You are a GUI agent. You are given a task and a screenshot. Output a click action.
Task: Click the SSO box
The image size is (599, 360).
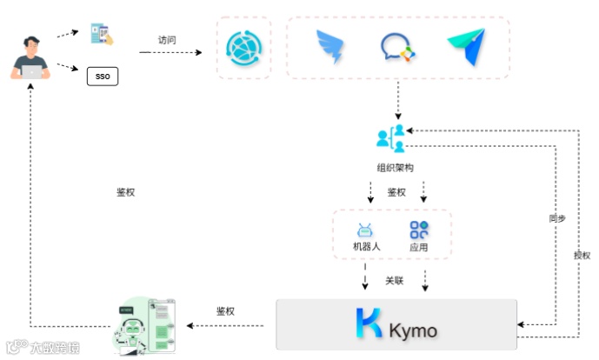pyautogui.click(x=103, y=77)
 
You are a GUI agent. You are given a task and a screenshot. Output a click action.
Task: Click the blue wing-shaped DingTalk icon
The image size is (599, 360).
pyautogui.click(x=329, y=47)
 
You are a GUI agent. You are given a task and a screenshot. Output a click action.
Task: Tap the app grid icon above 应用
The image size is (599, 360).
pyautogui.click(x=420, y=230)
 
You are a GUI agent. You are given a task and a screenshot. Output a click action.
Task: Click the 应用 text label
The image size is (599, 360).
pyautogui.click(x=419, y=248)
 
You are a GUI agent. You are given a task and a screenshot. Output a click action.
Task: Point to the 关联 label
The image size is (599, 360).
pyautogui.click(x=395, y=281)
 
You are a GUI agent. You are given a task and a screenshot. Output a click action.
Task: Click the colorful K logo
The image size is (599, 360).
pyautogui.click(x=369, y=323)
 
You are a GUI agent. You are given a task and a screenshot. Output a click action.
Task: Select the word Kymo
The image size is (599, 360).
pyautogui.click(x=414, y=330)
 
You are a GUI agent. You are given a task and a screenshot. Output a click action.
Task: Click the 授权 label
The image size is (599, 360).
pyautogui.click(x=582, y=255)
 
